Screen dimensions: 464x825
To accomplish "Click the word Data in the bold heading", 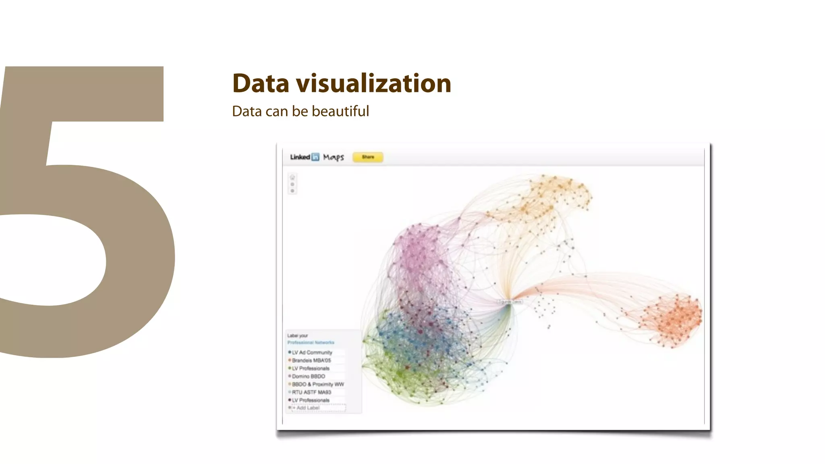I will [x=261, y=83].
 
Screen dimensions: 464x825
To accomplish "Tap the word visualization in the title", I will [x=373, y=83].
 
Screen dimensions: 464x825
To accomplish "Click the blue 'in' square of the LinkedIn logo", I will [x=315, y=157].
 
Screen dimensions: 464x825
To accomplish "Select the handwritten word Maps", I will [x=334, y=157].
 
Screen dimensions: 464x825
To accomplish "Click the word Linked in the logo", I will [x=300, y=157].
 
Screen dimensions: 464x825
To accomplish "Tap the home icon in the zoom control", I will [x=292, y=178].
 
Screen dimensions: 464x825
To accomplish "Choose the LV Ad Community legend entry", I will [x=312, y=352].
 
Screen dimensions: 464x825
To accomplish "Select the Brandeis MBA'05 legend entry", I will [x=311, y=360].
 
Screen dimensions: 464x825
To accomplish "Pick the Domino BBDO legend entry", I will [x=309, y=376].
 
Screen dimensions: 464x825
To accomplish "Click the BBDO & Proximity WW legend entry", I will [x=318, y=384].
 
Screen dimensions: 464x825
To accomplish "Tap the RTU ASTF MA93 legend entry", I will [x=311, y=392].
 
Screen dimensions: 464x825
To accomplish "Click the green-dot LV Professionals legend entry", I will [x=311, y=368].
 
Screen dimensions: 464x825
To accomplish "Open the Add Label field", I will [x=318, y=408].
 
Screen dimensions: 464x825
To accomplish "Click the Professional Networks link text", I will [x=311, y=342].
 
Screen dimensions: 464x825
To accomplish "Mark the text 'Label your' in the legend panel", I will [x=297, y=336].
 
